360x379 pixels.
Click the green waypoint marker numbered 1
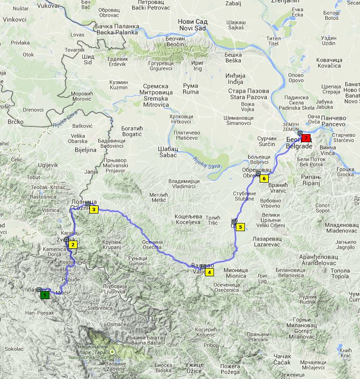point(45,295)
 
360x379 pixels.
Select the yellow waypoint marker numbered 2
point(73,245)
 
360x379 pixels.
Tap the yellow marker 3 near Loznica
point(94,210)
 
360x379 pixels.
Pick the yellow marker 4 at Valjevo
point(210,272)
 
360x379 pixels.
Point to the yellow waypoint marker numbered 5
point(240,227)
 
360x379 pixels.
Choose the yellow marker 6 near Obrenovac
point(264,178)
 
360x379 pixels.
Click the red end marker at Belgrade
point(306,138)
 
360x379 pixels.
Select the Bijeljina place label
point(84,150)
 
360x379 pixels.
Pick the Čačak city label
point(280,359)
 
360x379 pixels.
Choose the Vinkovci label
point(15,20)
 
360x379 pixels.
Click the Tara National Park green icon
point(112,352)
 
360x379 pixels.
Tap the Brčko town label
point(16,122)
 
